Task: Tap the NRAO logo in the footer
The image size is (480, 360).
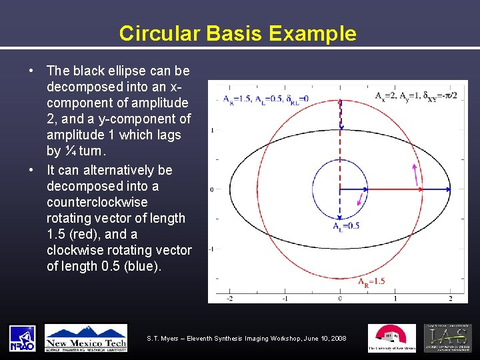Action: pos(22,338)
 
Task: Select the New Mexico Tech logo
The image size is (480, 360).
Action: pos(86,338)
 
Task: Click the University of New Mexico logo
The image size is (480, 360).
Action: pos(391,338)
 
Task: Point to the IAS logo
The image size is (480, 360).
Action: pos(447,338)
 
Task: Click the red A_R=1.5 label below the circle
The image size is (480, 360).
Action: pos(371,281)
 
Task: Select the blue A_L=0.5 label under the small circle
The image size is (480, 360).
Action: pos(346,226)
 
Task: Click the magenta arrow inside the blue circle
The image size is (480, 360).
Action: pos(362,198)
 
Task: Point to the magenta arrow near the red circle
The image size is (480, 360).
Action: pos(417,175)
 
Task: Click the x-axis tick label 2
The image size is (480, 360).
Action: pos(450,298)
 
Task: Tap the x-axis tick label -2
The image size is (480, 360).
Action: pos(230,298)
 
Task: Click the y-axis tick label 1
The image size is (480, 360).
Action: pos(211,130)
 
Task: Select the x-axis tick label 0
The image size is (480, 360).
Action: pos(340,298)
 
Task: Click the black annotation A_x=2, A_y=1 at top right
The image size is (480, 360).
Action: pos(415,96)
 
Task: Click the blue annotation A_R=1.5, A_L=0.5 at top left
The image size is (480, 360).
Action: pos(261,101)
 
